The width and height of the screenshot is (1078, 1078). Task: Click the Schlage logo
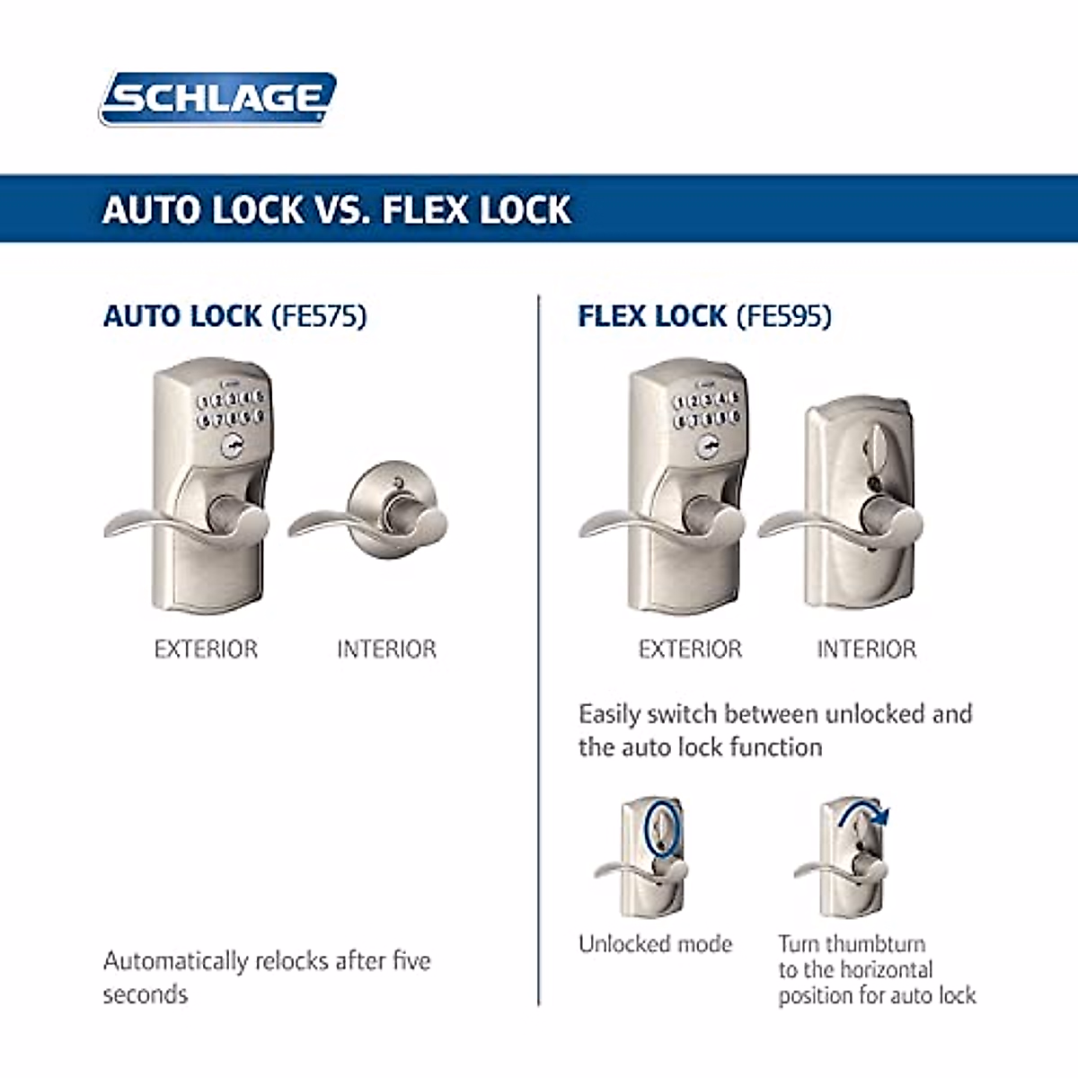(217, 98)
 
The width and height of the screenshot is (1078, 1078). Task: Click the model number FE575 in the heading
(319, 317)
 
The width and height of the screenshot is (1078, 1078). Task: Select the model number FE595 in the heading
(784, 317)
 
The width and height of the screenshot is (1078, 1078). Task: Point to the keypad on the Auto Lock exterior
(231, 409)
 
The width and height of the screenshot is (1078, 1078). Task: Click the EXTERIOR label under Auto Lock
(206, 649)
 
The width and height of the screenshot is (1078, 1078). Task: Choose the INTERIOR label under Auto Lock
(386, 649)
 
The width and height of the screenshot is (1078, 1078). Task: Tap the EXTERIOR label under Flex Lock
(690, 649)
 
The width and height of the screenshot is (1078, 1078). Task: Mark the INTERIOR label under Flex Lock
(866, 649)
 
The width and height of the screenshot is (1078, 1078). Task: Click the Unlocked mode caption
(656, 944)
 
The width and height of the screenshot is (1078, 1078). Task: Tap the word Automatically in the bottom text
(175, 961)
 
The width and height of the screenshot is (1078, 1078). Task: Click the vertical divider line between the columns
(539, 647)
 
